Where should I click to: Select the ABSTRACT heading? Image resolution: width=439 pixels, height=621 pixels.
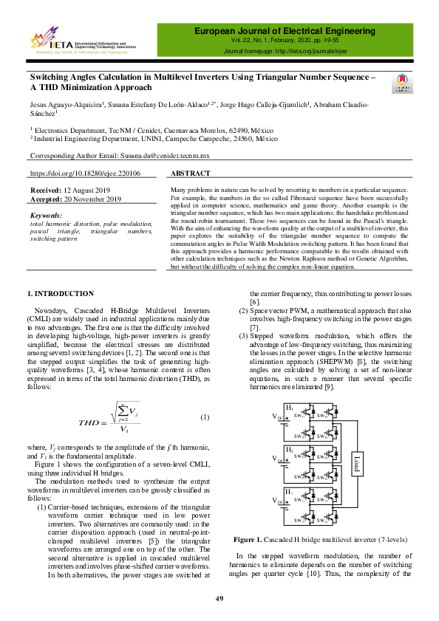[x=192, y=174]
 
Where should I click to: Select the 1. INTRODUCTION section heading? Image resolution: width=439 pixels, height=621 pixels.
[x=60, y=294]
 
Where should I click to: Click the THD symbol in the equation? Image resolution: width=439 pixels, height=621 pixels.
[x=94, y=422]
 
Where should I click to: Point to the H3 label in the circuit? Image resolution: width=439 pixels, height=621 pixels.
[x=289, y=408]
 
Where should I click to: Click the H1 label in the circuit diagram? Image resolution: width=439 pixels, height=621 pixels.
[x=289, y=491]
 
